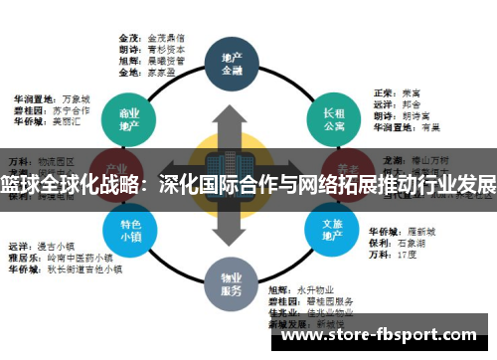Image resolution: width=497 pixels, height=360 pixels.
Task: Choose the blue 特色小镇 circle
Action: pos(129,232)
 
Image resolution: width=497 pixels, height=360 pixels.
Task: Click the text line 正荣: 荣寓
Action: pos(393,91)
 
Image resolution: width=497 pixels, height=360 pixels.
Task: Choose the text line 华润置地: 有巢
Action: pos(404,127)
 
